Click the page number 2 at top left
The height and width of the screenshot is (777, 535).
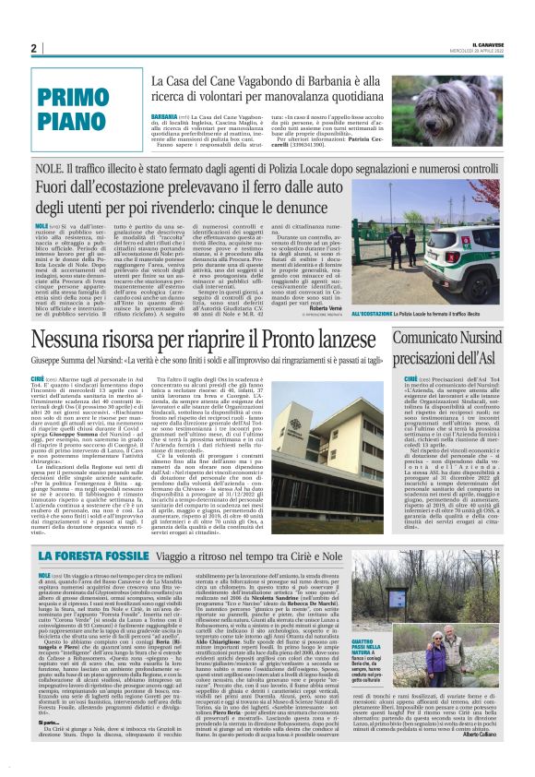click(34, 49)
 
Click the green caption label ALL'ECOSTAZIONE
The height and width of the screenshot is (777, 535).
click(377, 316)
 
